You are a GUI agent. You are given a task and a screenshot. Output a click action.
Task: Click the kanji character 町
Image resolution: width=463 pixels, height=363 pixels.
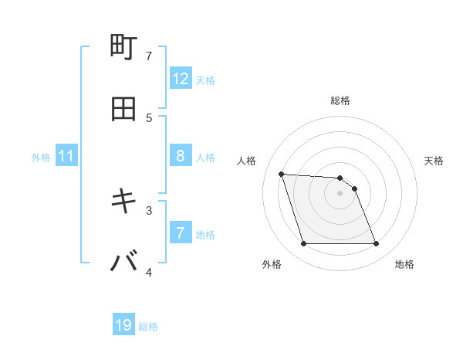(x=124, y=48)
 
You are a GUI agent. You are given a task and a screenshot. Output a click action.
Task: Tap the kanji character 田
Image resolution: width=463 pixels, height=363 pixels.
(x=124, y=109)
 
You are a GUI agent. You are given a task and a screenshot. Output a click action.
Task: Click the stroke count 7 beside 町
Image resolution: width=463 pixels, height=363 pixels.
(x=150, y=56)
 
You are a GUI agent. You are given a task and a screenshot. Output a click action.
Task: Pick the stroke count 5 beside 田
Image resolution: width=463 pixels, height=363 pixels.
(x=150, y=117)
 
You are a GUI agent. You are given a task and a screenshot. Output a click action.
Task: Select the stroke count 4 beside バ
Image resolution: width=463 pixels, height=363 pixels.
(x=150, y=272)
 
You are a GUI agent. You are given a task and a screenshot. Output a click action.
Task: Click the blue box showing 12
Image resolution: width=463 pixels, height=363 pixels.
(x=181, y=79)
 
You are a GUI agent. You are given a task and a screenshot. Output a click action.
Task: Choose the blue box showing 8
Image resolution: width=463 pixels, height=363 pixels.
(x=181, y=156)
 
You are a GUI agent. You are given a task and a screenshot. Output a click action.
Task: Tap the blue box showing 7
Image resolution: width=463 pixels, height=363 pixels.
(x=181, y=233)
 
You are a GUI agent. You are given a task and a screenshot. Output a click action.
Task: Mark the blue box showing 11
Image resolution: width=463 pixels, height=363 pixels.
(x=66, y=156)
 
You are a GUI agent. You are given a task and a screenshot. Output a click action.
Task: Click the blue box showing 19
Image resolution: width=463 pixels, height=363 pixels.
(x=123, y=326)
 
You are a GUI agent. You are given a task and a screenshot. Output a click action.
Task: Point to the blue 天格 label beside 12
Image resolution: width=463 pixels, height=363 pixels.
(x=205, y=80)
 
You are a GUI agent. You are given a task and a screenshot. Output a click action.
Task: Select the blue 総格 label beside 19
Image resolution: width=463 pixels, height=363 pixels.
(x=148, y=327)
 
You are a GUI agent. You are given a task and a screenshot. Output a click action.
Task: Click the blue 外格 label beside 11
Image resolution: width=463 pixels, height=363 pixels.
(x=41, y=157)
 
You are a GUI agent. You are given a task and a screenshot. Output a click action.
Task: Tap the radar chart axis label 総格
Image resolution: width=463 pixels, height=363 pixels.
(x=340, y=100)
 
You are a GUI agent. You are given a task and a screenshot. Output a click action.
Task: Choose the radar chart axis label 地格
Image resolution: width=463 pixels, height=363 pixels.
(x=404, y=264)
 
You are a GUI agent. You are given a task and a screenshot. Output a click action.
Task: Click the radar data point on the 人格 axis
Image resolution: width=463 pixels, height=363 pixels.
(x=282, y=174)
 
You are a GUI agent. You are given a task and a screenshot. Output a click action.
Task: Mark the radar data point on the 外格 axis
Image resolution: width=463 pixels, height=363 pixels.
(x=303, y=244)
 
